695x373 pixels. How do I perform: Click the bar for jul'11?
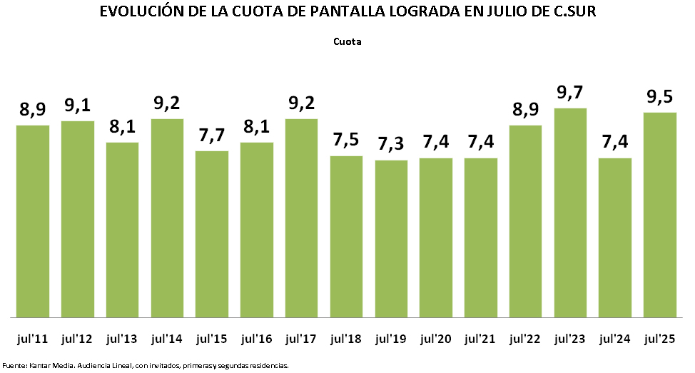point(33,220)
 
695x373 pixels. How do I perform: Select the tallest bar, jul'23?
point(570,212)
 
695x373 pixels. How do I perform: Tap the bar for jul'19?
point(391,238)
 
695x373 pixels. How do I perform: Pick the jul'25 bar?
point(659,214)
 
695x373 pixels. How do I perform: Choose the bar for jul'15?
point(212,233)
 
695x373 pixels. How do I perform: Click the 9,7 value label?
point(570,93)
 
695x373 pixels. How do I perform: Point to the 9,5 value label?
point(660,98)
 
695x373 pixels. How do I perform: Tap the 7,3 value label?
point(391,145)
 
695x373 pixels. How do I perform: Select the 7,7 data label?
point(212,136)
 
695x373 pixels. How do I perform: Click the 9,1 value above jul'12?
point(78,106)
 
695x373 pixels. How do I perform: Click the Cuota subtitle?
point(347,41)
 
